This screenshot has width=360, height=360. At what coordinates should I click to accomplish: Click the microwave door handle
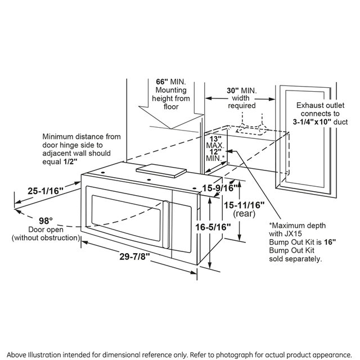click(166, 227)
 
